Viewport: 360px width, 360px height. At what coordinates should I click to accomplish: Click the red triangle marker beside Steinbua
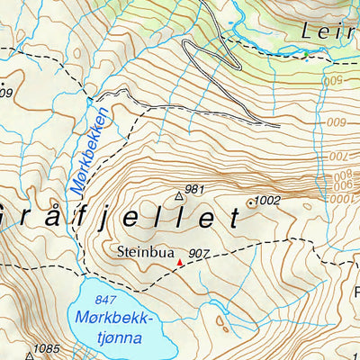pyautogui.click(x=179, y=263)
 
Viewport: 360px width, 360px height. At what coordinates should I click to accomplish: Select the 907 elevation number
pyautogui.click(x=199, y=256)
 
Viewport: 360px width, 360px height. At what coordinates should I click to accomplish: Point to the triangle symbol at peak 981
pyautogui.click(x=177, y=194)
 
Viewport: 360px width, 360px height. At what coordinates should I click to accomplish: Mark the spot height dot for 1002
pyautogui.click(x=251, y=203)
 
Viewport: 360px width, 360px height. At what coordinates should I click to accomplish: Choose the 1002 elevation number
pyautogui.click(x=268, y=200)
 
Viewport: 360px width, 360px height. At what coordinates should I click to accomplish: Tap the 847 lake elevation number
pyautogui.click(x=109, y=299)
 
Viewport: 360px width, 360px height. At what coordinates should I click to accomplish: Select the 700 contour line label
pyautogui.click(x=338, y=158)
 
